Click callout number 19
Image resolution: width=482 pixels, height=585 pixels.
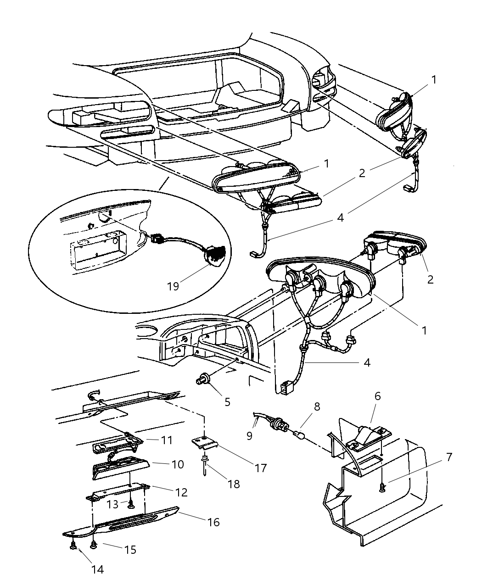pos(173,287)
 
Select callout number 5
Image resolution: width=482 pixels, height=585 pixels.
pos(227,402)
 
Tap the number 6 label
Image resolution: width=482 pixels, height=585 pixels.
pos(377,396)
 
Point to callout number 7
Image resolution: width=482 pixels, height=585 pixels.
pos(448,457)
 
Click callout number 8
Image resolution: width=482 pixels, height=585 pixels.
pos(316,407)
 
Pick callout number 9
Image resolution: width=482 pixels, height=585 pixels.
pos(249,435)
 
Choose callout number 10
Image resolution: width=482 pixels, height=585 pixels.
pos(178,464)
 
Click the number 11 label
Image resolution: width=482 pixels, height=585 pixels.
pos(166,440)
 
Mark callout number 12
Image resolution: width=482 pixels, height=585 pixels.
pos(181,492)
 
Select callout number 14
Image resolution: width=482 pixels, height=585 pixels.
pos(98,569)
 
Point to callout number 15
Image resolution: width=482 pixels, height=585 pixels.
pos(130,549)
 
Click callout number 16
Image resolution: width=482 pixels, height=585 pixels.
pos(213,522)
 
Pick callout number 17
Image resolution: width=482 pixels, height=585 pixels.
pos(261,468)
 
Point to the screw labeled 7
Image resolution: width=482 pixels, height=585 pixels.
pos(381,489)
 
